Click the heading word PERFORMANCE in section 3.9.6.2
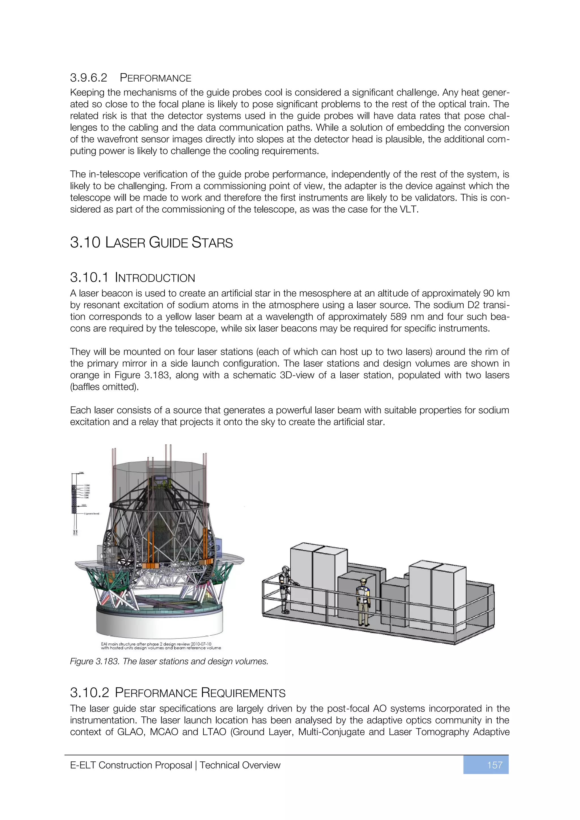click(155, 78)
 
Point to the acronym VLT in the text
click(409, 209)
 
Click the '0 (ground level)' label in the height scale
click(91, 514)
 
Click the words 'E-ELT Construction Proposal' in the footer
click(131, 765)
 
